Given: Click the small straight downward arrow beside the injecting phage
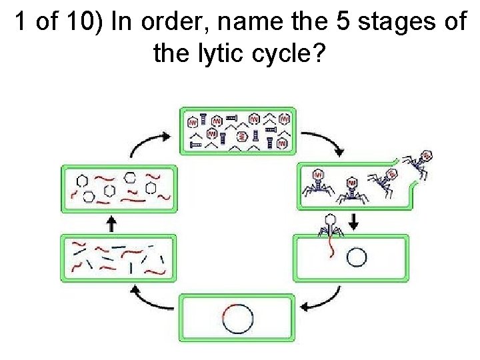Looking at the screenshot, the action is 353,223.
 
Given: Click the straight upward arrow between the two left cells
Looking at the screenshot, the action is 112,223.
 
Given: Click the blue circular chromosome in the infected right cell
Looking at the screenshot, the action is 357,257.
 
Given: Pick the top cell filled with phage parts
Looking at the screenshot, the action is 239,130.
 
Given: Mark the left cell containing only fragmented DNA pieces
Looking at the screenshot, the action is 119,257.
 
